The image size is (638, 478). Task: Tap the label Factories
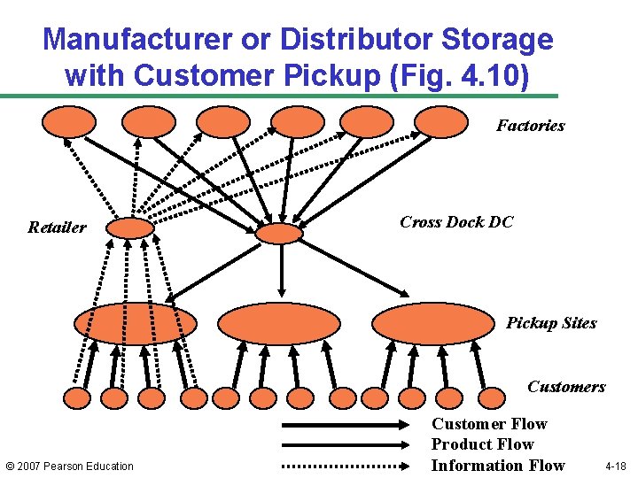[530, 126]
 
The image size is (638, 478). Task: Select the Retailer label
[57, 227]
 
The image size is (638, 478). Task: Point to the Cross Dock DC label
[456, 222]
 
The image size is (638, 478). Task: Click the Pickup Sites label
[551, 323]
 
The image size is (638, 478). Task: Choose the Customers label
[566, 386]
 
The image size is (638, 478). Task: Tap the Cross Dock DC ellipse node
[279, 233]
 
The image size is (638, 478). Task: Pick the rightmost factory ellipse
[441, 122]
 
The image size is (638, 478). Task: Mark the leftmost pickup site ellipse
[135, 323]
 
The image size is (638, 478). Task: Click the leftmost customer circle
[77, 398]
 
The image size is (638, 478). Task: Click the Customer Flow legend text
[489, 424]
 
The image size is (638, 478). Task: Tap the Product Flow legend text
[482, 444]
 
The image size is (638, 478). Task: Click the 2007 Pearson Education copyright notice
[69, 466]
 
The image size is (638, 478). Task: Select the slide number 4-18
[615, 466]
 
